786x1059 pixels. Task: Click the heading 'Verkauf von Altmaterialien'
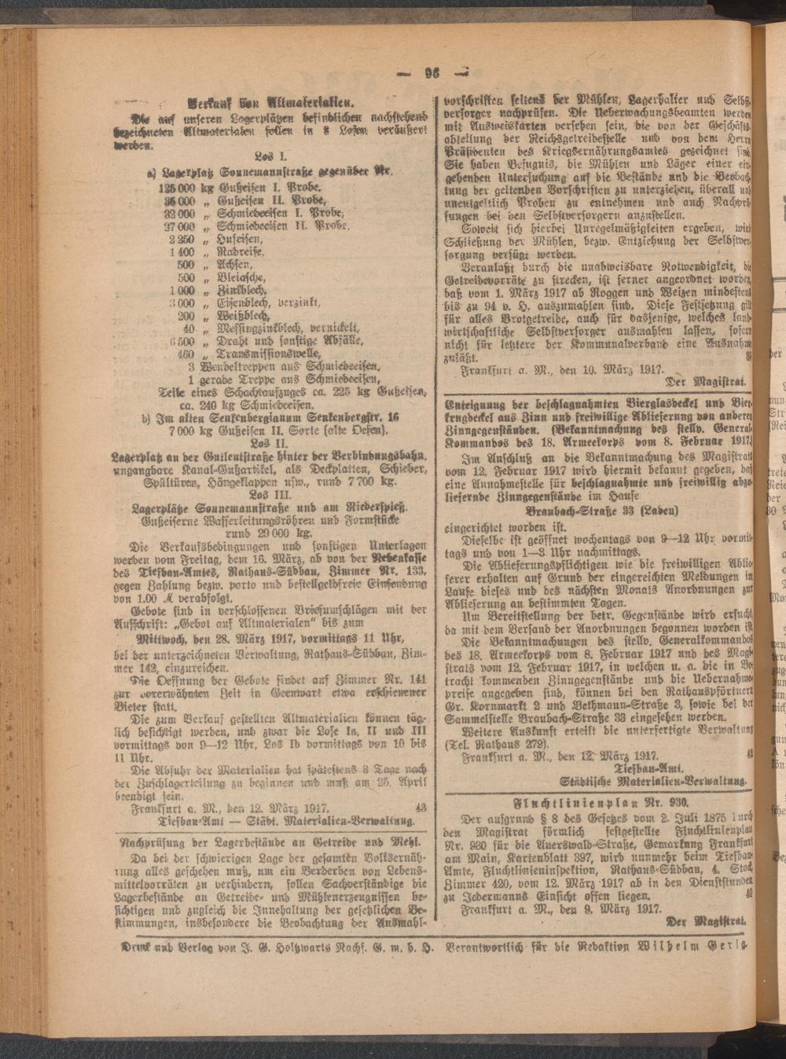point(272,102)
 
